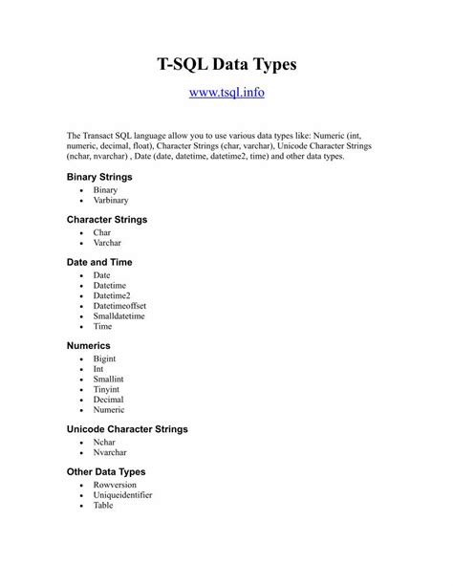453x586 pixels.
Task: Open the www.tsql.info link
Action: pyautogui.click(x=226, y=94)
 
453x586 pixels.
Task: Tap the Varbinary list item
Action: pyautogui.click(x=111, y=201)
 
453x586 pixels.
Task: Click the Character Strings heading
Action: pyautogui.click(x=107, y=219)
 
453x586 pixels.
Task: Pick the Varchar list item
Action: pyautogui.click(x=108, y=243)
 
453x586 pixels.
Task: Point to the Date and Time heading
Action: pyautogui.click(x=99, y=261)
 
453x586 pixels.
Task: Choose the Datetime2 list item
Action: pyautogui.click(x=112, y=296)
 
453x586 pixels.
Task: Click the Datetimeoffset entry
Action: pyautogui.click(x=122, y=307)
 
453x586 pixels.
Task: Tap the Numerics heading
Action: pyautogui.click(x=89, y=344)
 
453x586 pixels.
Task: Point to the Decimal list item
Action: pyautogui.click(x=109, y=400)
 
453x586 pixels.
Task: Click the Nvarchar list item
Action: pyautogui.click(x=111, y=452)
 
